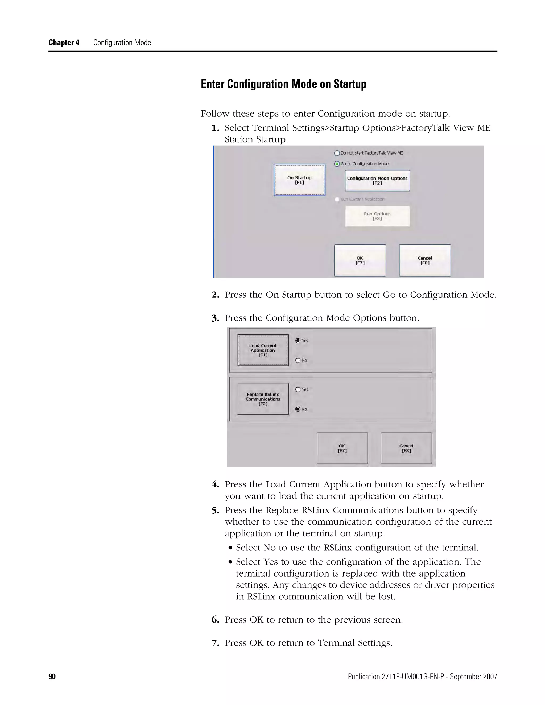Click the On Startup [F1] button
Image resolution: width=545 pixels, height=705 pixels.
pyautogui.click(x=299, y=180)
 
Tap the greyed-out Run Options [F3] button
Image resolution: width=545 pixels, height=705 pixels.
pyautogui.click(x=377, y=216)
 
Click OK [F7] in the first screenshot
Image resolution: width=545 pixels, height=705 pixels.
pyautogui.click(x=360, y=260)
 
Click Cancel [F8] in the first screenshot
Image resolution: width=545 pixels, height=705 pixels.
pyautogui.click(x=424, y=260)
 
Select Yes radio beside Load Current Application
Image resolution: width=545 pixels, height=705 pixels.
pyautogui.click(x=298, y=341)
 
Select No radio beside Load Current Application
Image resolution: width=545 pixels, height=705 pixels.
pyautogui.click(x=298, y=360)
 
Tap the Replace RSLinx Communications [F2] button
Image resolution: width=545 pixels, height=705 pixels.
pyautogui.click(x=263, y=399)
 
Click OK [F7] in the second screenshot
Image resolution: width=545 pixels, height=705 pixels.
pyautogui.click(x=342, y=448)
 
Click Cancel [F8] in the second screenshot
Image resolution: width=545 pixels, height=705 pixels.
pyautogui.click(x=406, y=448)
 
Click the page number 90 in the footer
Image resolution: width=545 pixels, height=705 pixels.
pyautogui.click(x=52, y=677)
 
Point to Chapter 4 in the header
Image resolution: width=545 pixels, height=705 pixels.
pyautogui.click(x=64, y=43)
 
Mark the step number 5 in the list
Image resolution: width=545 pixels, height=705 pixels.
pyautogui.click(x=215, y=511)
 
